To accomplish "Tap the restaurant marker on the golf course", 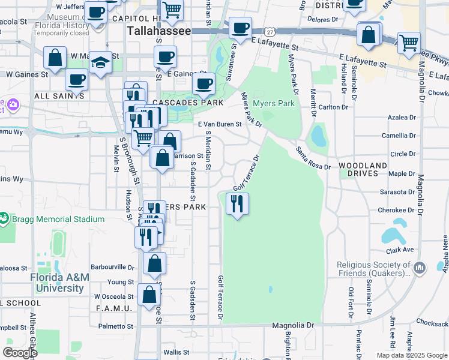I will click(237, 204).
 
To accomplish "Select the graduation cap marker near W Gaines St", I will click(101, 62).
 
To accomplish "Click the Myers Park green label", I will click(273, 103).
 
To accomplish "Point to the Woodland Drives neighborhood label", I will click(363, 169).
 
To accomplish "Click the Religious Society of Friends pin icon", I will click(419, 266).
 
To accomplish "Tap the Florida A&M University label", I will click(57, 283).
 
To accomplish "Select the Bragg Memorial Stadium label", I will click(58, 219).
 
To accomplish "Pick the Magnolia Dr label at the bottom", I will click(293, 325).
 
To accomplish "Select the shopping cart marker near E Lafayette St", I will click(409, 43).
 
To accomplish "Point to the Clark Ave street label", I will click(400, 250).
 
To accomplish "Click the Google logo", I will click(20, 352).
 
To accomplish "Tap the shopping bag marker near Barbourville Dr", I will click(155, 263).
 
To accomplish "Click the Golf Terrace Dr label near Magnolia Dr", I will click(221, 298).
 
